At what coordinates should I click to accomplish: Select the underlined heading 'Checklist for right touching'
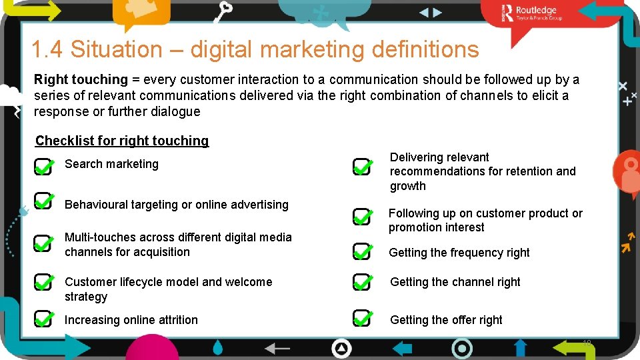tap(122, 141)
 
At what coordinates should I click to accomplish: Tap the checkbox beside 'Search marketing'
tap(43, 167)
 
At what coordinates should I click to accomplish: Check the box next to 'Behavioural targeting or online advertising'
tap(43, 201)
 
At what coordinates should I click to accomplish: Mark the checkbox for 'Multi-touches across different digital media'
tap(43, 244)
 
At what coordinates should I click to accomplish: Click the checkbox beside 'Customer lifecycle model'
tap(43, 283)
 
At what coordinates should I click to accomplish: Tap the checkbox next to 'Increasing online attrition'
tap(43, 319)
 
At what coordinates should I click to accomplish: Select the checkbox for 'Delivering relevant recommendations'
tap(363, 167)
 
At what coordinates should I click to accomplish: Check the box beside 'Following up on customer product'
tap(363, 218)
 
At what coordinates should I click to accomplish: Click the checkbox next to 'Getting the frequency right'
tap(363, 252)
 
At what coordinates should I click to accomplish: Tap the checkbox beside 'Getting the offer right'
tap(363, 319)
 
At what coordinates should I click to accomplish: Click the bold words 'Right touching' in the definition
tap(81, 79)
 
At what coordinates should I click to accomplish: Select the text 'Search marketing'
tap(111, 164)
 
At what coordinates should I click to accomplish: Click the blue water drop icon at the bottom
tap(219, 347)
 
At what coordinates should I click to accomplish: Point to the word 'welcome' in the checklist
tap(250, 282)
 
